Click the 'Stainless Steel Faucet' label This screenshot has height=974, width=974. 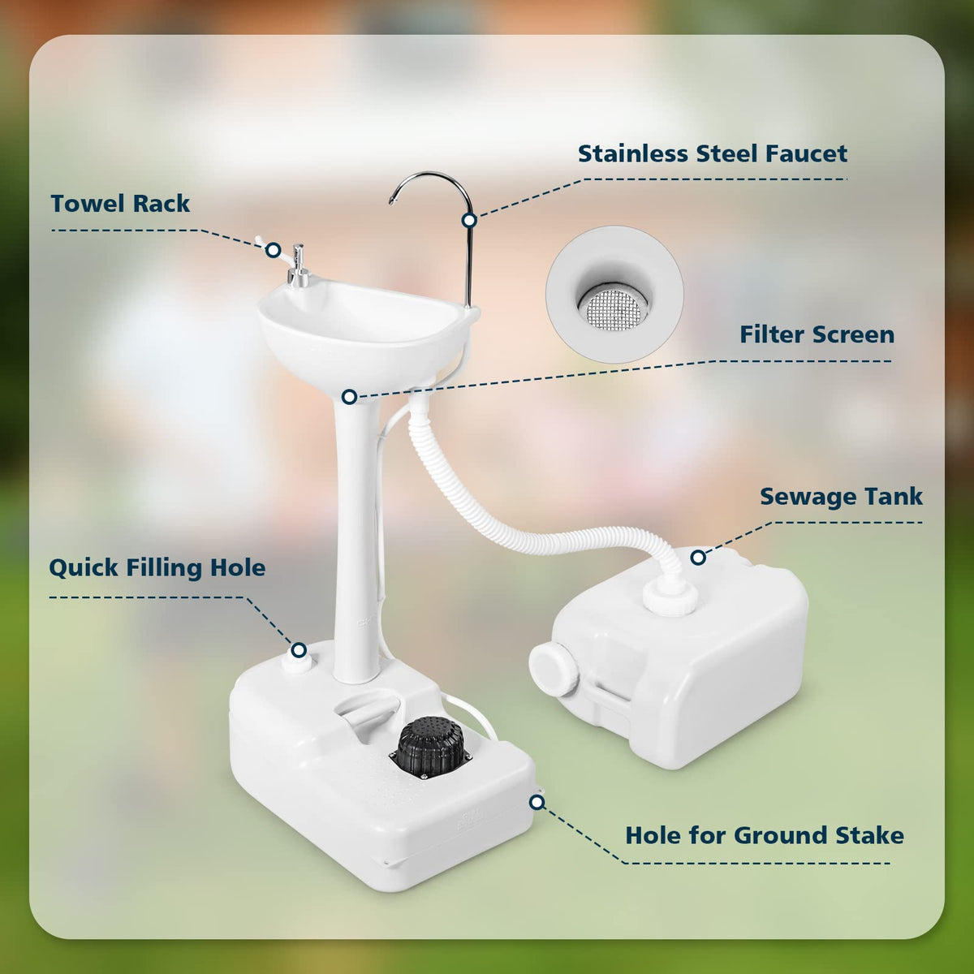tap(712, 153)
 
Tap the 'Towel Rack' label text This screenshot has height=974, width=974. tap(120, 204)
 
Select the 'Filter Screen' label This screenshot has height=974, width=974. tap(817, 334)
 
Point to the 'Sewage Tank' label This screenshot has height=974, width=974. tap(841, 497)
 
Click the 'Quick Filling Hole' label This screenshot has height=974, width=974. tap(157, 567)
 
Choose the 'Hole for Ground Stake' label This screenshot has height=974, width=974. tap(765, 835)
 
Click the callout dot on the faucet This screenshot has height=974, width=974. tap(470, 221)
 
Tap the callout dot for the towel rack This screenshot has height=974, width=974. tap(274, 250)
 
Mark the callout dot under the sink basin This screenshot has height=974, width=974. tap(349, 397)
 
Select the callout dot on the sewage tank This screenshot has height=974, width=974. tap(698, 558)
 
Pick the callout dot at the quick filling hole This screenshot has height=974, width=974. tap(299, 650)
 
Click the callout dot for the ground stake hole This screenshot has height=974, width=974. tap(537, 802)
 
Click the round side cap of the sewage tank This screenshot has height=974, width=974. tap(554, 669)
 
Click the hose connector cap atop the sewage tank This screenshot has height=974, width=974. tap(670, 598)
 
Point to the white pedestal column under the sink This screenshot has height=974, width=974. tap(356, 536)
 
